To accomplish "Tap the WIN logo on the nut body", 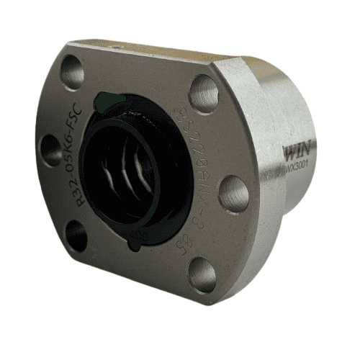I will click(x=298, y=153).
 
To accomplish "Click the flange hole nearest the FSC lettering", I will click(x=73, y=71).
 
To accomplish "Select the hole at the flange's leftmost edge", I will click(x=50, y=150).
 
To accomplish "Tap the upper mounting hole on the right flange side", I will click(x=204, y=94).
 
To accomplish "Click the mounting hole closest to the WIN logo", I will click(x=234, y=193).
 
